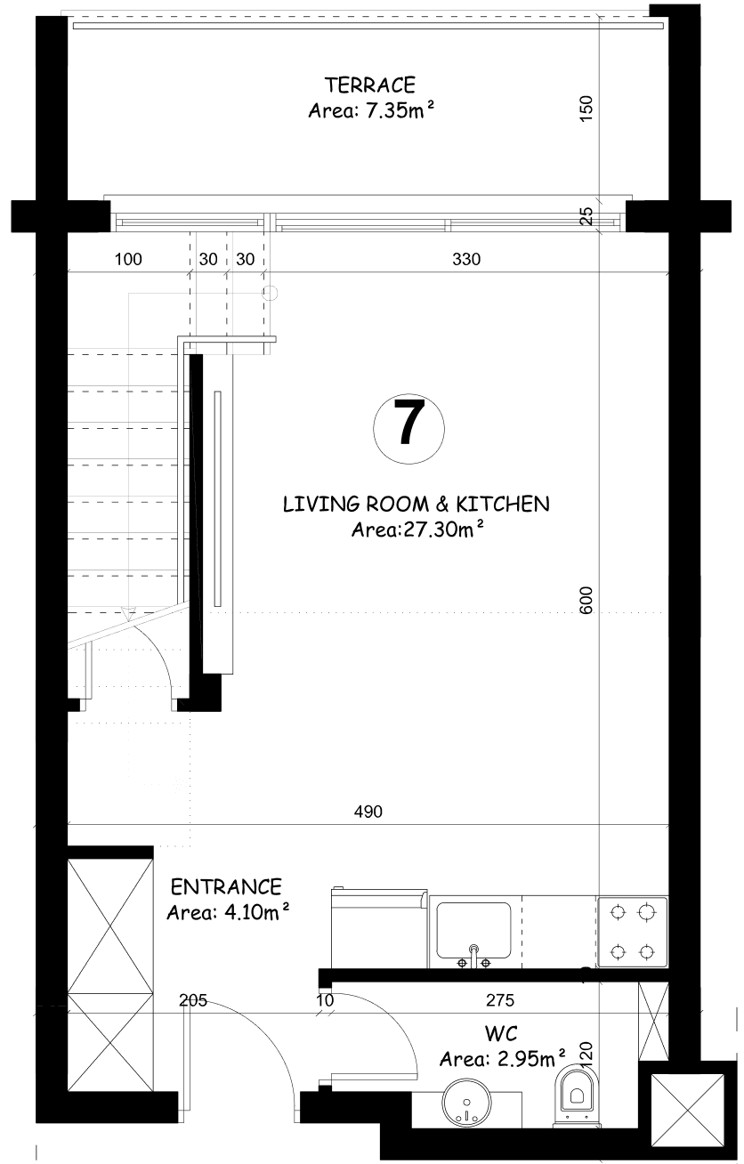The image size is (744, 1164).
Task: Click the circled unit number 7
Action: pos(408,429)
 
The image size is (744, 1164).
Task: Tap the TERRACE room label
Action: pos(370,85)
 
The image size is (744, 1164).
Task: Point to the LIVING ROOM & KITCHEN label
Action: pos(416,504)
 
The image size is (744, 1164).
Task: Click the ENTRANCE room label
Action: pos(226,887)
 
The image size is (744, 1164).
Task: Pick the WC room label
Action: pos(501,1034)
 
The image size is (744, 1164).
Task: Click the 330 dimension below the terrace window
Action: pos(466,259)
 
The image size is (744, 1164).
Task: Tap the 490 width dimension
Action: pos(368,812)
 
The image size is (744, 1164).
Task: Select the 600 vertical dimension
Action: pos(586,601)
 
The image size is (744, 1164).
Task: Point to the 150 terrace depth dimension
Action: pos(586,109)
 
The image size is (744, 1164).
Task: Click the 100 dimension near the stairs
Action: pos(128,259)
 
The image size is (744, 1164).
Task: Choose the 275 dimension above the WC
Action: pos(500,999)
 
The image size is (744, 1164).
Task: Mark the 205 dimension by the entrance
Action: pos(193,999)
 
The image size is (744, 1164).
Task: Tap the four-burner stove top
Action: pos(632,932)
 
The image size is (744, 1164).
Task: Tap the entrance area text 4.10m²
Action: pos(228,912)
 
